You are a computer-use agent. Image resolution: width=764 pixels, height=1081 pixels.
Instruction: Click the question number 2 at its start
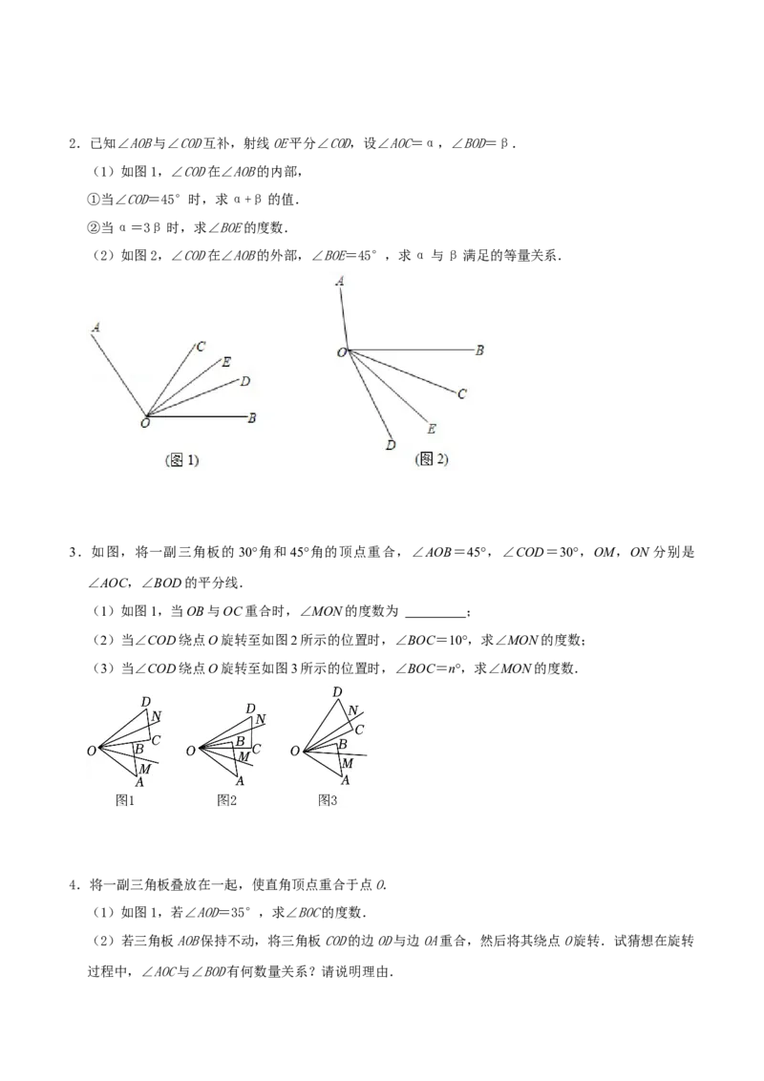73,144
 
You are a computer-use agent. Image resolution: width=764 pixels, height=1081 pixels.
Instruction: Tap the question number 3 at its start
73,552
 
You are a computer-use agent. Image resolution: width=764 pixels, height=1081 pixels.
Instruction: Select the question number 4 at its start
73,885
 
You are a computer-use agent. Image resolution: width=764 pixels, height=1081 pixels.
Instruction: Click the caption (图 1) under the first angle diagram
182,460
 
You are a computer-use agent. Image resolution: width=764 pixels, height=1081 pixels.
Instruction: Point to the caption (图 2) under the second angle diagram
432,458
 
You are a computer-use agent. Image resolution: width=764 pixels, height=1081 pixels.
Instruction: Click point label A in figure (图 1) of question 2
95,329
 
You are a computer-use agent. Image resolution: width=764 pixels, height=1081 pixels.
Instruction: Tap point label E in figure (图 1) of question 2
226,362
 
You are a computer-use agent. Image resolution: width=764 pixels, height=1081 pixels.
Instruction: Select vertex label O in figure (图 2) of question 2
341,353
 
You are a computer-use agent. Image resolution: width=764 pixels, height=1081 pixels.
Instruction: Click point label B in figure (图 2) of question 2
479,350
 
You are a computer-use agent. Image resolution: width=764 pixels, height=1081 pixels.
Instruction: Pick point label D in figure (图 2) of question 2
391,445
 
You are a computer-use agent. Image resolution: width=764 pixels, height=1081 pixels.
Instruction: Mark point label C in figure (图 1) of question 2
201,347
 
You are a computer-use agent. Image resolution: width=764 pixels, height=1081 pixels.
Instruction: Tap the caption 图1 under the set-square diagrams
125,799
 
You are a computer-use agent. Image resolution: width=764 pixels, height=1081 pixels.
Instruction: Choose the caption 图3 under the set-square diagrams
328,799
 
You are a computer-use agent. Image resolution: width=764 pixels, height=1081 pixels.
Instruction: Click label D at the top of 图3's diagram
337,692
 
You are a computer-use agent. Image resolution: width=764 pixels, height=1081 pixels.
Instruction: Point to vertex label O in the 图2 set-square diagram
191,751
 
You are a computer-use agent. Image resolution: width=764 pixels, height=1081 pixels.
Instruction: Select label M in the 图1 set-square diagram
145,770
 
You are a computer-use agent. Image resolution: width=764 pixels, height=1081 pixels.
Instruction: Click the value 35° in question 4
240,913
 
